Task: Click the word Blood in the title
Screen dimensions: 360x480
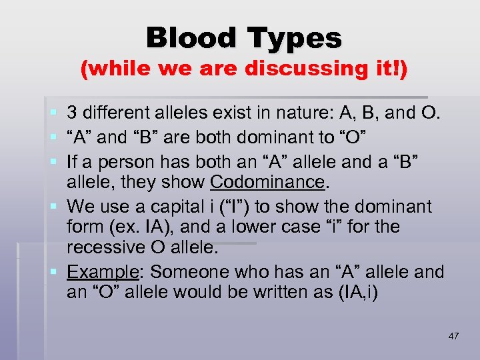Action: [x=193, y=38]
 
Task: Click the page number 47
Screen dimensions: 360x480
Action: [x=453, y=336]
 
